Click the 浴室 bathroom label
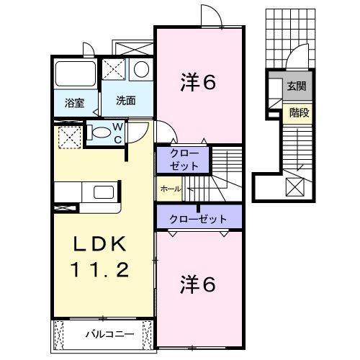74,103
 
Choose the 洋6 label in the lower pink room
197,284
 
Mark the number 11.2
101,271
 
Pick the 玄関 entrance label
296,86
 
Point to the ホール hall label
170,189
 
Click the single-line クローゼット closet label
198,219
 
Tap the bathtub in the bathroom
75,75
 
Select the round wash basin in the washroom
142,71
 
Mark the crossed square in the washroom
114,71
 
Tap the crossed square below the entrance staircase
295,186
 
